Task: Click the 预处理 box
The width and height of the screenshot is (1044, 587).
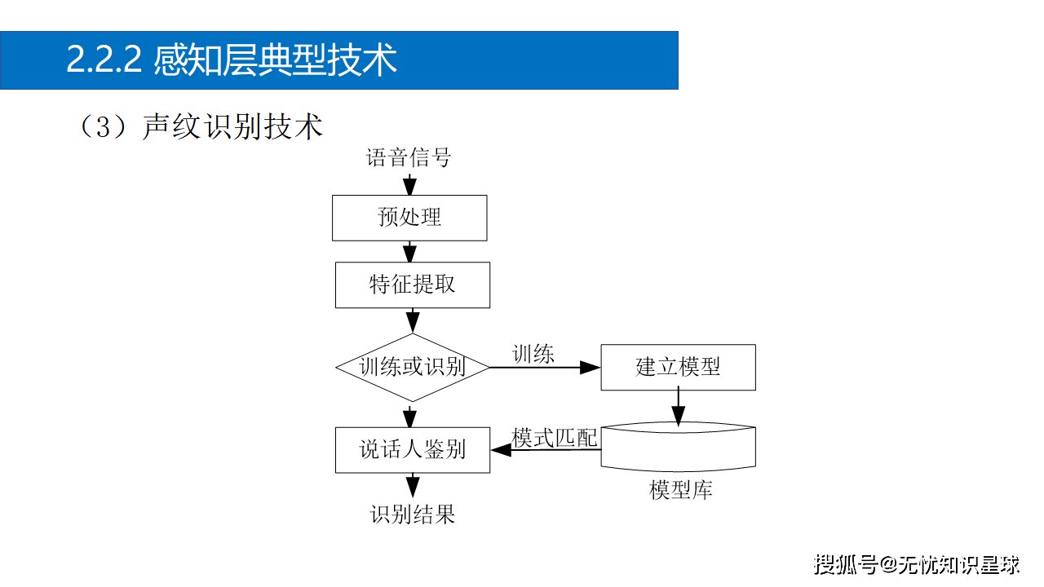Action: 409,218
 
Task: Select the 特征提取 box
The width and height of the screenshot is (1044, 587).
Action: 413,285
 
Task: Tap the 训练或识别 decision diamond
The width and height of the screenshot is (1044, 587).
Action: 413,367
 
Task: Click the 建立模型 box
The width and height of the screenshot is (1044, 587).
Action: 678,367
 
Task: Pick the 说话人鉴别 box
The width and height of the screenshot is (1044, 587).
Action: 413,449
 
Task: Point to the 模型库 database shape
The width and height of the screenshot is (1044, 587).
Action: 678,448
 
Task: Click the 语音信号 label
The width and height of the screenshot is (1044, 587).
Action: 409,157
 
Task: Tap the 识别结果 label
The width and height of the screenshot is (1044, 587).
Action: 413,515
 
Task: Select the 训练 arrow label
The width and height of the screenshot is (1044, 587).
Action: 533,354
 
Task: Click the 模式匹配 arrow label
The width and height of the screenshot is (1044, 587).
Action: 555,438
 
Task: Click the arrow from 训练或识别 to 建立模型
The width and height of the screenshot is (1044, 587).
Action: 545,368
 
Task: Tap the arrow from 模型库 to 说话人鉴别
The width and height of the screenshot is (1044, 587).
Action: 545,450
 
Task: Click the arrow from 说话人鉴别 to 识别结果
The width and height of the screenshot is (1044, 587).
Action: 413,485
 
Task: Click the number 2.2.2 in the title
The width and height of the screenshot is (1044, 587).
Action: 104,60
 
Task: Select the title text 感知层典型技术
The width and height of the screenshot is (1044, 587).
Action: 276,60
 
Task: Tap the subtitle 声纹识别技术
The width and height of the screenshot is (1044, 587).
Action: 232,127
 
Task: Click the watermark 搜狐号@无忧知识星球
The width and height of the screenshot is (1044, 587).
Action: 917,563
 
